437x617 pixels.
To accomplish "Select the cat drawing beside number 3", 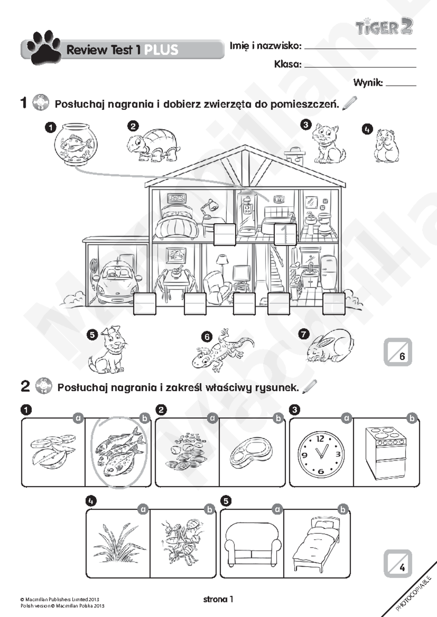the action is [x=328, y=143].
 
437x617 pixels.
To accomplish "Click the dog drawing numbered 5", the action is [x=109, y=350].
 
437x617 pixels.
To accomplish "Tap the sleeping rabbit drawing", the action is [x=330, y=346].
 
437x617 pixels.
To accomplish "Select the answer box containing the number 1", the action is [x=285, y=234].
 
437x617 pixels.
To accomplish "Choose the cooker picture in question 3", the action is [x=386, y=453].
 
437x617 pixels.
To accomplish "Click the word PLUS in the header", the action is [x=161, y=50].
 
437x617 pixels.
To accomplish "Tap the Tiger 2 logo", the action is [x=384, y=27].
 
